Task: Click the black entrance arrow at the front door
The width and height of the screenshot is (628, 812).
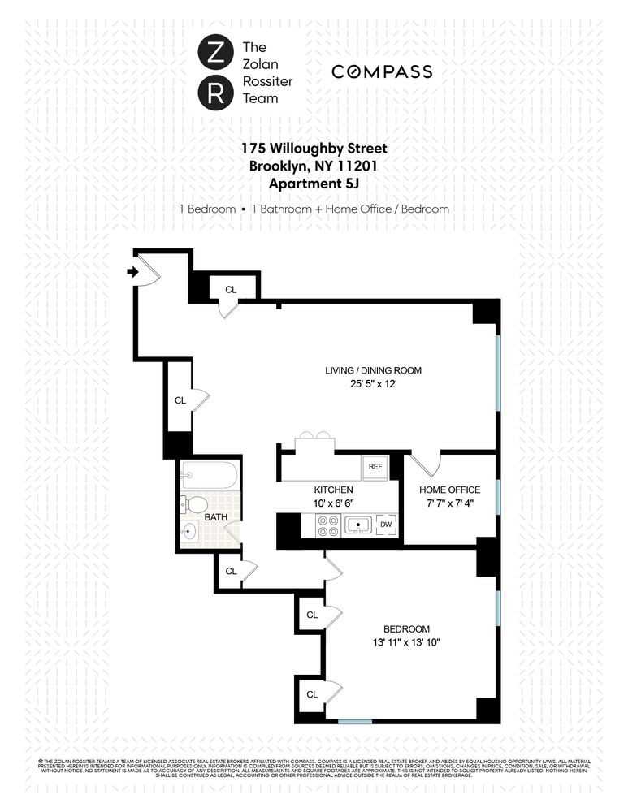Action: coord(132,272)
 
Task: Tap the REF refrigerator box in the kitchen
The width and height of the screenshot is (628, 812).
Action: coord(375,467)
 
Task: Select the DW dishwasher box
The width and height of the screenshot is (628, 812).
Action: coord(386,525)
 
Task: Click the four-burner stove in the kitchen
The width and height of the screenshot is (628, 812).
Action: coord(327,525)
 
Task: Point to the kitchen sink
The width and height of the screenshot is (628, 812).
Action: coord(358,525)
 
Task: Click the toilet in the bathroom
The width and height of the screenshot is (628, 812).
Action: coord(195,503)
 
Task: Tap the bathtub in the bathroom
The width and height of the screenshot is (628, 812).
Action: coord(210,475)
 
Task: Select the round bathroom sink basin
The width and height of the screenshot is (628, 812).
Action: coord(190,533)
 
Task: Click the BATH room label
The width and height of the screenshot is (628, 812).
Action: coord(215,516)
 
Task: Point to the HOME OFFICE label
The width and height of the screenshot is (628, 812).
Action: coord(449,490)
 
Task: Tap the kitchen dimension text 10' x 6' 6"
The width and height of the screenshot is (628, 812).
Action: coord(333,503)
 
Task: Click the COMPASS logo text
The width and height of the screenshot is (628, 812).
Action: coord(382,72)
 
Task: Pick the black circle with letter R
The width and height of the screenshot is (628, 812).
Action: coord(212,93)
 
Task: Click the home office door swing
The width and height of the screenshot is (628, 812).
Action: coord(424,465)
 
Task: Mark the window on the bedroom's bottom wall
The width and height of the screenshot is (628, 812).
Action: coord(355,721)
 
